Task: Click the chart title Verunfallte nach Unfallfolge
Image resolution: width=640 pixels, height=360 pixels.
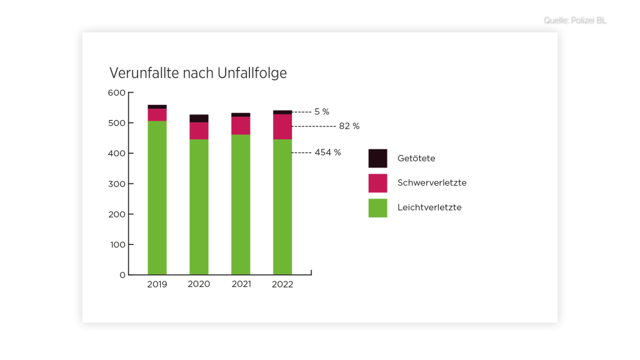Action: click(x=198, y=73)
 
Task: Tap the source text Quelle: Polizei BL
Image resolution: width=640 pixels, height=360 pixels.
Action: click(x=576, y=21)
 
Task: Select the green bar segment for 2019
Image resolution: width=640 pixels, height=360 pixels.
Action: click(x=157, y=197)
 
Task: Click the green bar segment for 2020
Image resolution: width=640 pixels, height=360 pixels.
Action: click(x=199, y=207)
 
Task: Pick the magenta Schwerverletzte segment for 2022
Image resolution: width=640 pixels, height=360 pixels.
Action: click(x=282, y=127)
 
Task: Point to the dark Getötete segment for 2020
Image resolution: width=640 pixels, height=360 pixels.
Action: click(x=199, y=118)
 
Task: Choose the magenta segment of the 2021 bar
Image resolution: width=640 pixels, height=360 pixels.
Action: click(x=241, y=126)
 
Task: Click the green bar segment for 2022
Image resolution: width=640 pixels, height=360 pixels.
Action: click(x=282, y=207)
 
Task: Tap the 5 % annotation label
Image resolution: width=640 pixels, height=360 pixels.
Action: click(x=322, y=112)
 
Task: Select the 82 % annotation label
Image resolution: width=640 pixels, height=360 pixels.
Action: click(x=349, y=126)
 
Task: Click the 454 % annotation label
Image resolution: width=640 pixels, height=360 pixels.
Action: click(x=328, y=152)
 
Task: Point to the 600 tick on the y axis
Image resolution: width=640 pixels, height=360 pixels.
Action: click(x=117, y=93)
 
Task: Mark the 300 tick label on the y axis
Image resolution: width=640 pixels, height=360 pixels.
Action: click(x=117, y=184)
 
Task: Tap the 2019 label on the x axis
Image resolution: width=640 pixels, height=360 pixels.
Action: click(x=157, y=284)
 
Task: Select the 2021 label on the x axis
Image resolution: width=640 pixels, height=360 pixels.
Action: click(x=241, y=284)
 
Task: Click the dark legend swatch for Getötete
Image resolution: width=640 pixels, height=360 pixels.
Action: click(x=377, y=158)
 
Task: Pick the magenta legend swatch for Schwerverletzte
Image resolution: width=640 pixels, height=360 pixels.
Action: click(x=377, y=183)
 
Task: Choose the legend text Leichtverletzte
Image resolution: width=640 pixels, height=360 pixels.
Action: click(x=429, y=207)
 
